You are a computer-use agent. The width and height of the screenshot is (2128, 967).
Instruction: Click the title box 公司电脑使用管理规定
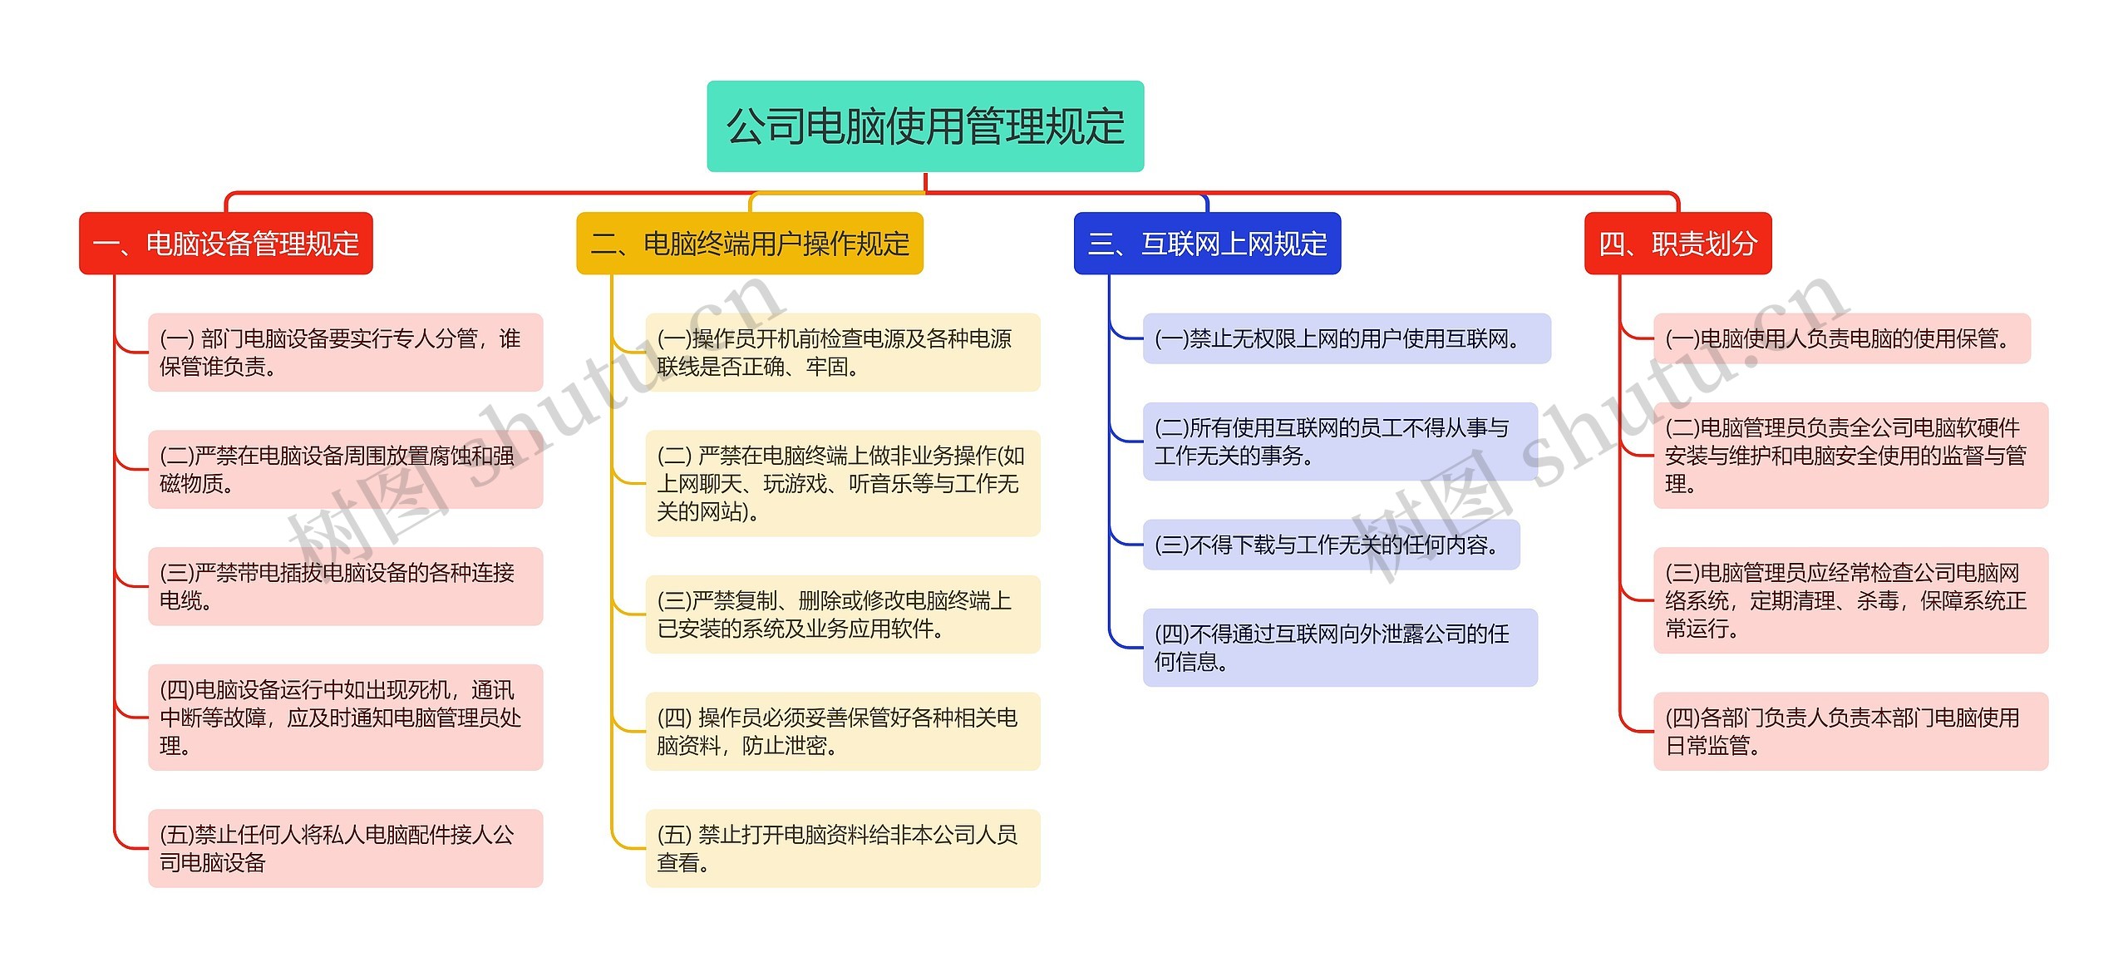[x=924, y=126]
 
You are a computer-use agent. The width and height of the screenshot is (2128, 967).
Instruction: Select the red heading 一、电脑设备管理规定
[x=225, y=244]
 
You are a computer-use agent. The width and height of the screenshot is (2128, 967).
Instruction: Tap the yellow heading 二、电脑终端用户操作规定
[x=749, y=244]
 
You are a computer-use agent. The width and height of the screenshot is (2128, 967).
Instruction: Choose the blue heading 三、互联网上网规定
[x=1206, y=244]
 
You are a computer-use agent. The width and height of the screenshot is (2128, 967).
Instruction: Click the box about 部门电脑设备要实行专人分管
[x=345, y=353]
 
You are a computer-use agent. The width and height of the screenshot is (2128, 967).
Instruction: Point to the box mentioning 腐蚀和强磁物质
[x=345, y=469]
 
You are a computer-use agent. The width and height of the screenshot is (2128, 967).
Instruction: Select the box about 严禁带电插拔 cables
[x=345, y=586]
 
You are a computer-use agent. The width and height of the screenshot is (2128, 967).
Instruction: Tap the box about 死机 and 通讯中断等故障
[x=345, y=717]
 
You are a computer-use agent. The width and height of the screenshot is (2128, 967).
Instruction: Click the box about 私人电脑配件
[x=345, y=848]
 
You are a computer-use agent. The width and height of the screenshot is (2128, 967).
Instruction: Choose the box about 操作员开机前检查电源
[x=842, y=353]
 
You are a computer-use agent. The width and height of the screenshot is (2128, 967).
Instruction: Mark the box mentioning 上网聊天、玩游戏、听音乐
[x=842, y=483]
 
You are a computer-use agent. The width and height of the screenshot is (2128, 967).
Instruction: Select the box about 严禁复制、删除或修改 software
[x=842, y=614]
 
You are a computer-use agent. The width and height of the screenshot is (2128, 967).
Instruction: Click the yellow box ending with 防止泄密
[x=842, y=731]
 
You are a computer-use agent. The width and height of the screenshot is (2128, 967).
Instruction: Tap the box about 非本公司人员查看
[x=842, y=848]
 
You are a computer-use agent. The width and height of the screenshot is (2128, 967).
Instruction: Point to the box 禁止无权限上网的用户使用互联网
[x=1346, y=338]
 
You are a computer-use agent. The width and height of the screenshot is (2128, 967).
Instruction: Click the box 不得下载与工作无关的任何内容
[x=1330, y=545]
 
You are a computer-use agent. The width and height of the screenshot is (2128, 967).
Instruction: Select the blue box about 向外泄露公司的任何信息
[x=1339, y=648]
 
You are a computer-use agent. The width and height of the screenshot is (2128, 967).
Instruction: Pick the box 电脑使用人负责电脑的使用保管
[x=1841, y=338]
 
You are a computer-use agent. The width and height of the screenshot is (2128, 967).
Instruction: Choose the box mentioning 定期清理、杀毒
[x=1850, y=600]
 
